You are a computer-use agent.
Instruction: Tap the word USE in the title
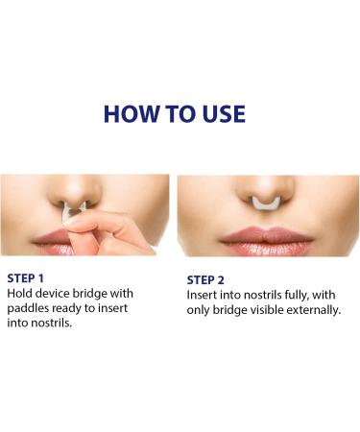pos(224,114)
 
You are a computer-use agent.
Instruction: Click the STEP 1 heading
pos(25,278)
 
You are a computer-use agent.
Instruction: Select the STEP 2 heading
pos(205,280)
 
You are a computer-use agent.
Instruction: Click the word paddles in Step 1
pos(28,308)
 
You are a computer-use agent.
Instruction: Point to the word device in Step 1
pos(53,293)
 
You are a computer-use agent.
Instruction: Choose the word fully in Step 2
pos(297,296)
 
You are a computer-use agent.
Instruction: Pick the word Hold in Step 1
pos(19,293)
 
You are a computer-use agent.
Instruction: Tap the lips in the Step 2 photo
pos(266,242)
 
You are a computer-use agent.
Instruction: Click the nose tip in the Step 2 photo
pos(266,189)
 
